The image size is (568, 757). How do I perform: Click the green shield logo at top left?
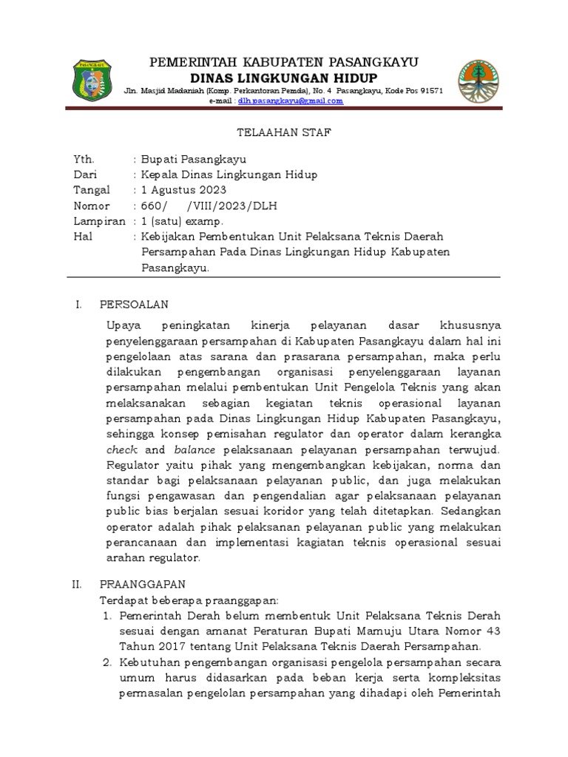[x=93, y=81]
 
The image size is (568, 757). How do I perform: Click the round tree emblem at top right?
[x=478, y=81]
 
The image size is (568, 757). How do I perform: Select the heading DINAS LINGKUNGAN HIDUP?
[x=284, y=78]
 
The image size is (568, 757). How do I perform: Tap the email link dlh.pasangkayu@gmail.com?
[x=290, y=101]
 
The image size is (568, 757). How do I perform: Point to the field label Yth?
[x=84, y=159]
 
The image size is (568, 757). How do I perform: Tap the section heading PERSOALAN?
[x=134, y=305]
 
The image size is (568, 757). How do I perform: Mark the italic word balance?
[x=195, y=449]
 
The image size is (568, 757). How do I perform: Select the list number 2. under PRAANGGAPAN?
[x=106, y=661]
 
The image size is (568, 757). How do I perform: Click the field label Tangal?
[x=91, y=190]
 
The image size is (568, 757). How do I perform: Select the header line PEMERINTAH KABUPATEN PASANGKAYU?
[x=284, y=61]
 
